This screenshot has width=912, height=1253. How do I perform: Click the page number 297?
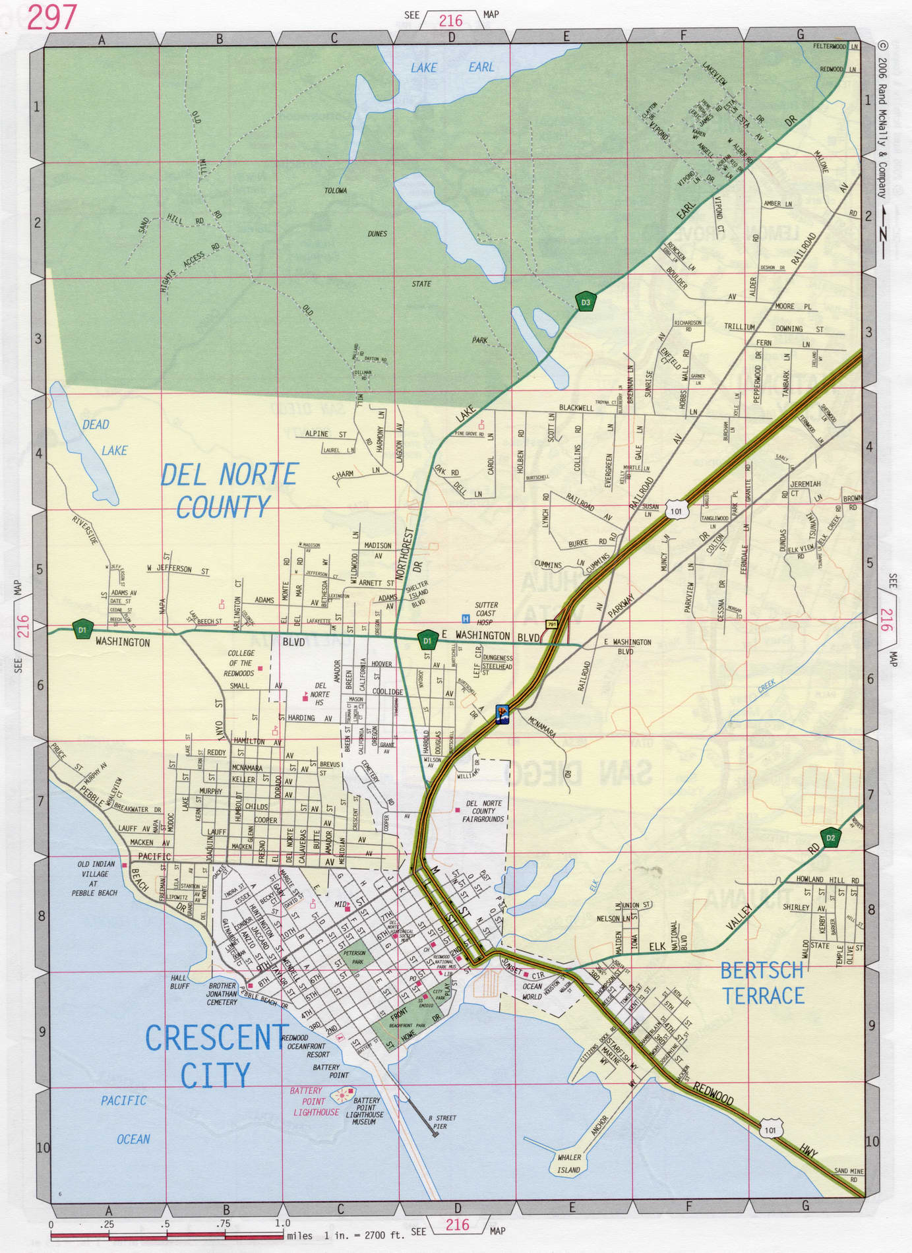click(x=51, y=17)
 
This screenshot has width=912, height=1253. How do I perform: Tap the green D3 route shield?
click(x=585, y=303)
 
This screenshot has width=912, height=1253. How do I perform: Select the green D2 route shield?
click(x=830, y=838)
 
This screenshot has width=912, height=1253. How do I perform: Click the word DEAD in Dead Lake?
click(x=96, y=425)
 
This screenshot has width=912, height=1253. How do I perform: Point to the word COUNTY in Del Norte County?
click(x=223, y=506)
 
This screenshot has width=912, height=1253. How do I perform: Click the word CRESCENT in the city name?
click(x=216, y=1038)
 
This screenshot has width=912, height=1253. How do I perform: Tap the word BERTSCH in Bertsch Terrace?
click(x=761, y=971)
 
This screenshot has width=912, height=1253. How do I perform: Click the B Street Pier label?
click(x=442, y=1122)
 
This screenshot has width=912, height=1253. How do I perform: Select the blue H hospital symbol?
click(x=466, y=619)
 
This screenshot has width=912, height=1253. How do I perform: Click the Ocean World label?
click(x=532, y=992)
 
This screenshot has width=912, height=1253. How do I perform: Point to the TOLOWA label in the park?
click(x=336, y=191)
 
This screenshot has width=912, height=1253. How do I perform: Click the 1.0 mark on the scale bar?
click(x=282, y=1223)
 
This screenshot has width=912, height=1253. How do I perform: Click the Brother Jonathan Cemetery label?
click(x=222, y=994)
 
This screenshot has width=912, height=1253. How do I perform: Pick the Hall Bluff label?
click(x=179, y=982)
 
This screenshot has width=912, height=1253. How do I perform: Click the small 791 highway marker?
click(x=551, y=624)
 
